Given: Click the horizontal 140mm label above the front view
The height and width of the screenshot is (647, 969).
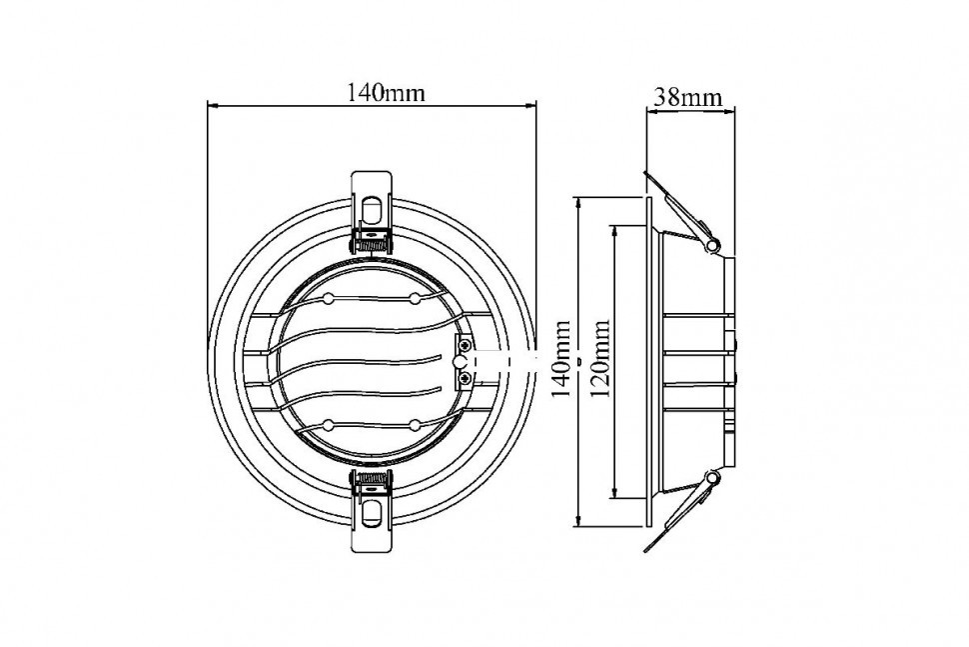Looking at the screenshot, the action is coord(385,93).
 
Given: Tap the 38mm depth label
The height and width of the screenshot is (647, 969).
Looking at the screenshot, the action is coord(688,98).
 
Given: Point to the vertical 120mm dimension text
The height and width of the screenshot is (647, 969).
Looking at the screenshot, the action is coord(600,359).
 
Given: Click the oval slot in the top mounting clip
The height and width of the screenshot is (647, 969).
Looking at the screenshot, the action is coord(372,209).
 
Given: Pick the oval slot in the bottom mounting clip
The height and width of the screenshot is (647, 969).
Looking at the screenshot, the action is coord(372,513).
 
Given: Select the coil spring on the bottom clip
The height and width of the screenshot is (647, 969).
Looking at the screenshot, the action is coord(372,478).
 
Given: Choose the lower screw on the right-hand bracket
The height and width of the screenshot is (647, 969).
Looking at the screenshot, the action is coord(465,377).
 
